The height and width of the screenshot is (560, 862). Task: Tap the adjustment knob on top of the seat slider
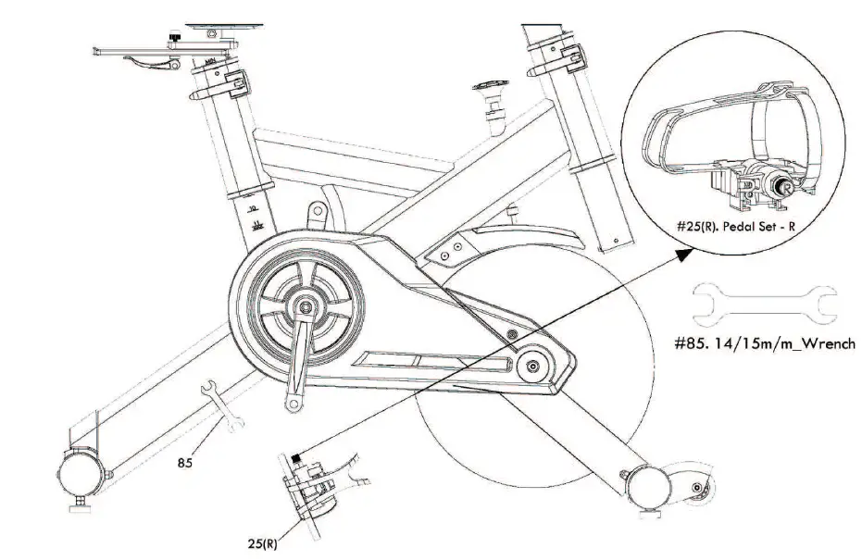(x=173, y=38)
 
